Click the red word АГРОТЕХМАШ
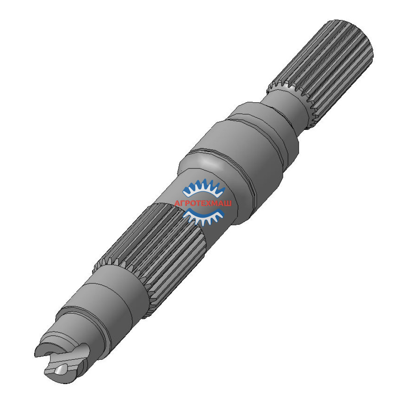[x=203, y=203]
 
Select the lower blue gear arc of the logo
[x=204, y=216]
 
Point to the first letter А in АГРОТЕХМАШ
[x=177, y=203]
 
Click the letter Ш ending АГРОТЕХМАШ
[x=228, y=203]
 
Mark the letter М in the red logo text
[x=215, y=203]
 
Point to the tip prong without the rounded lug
[x=45, y=347]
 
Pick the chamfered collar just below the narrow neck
[x=260, y=122]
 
